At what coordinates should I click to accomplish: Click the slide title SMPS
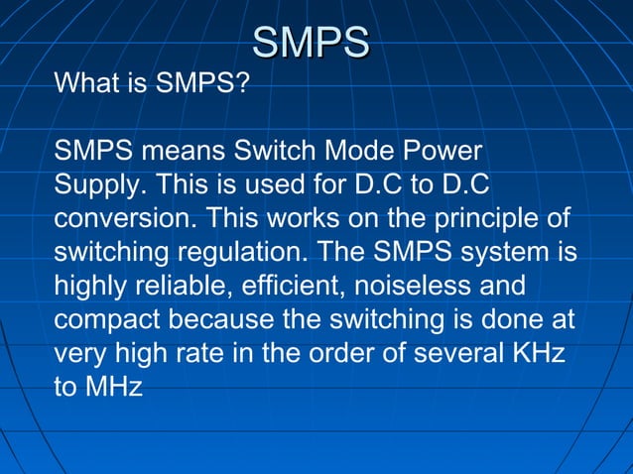tap(311, 43)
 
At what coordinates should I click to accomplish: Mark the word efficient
tap(279, 286)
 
